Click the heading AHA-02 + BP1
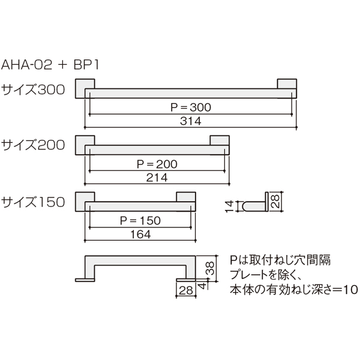pyautogui.click(x=50, y=65)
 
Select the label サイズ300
pyautogui.click(x=33, y=89)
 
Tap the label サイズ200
pyautogui.click(x=33, y=145)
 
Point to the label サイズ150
pyautogui.click(x=33, y=202)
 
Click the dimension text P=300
pyautogui.click(x=191, y=107)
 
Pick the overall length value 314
pyautogui.click(x=191, y=121)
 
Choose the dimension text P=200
pyautogui.click(x=157, y=164)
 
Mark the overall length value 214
pyautogui.click(x=157, y=178)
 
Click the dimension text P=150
pyautogui.click(x=140, y=221)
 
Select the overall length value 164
pyautogui.click(x=140, y=235)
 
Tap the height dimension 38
pyautogui.click(x=210, y=268)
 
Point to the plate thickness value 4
pyautogui.click(x=203, y=286)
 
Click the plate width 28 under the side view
pyautogui.click(x=186, y=290)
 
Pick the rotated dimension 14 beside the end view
pyautogui.click(x=230, y=206)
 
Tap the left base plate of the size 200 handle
pyautogui.click(x=85, y=145)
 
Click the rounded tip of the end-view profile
pyautogui.click(x=244, y=206)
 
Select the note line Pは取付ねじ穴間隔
pyautogui.click(x=280, y=260)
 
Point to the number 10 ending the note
pyautogui.click(x=351, y=290)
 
